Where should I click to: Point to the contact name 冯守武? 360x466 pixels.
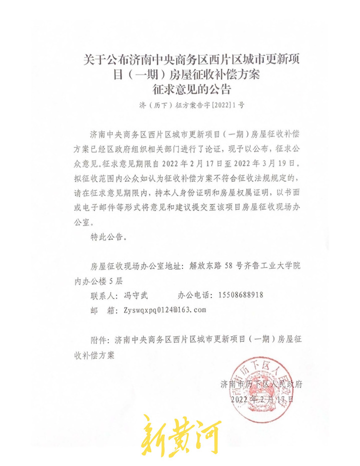pos(136,295)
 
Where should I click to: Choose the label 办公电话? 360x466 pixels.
pos(195,295)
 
